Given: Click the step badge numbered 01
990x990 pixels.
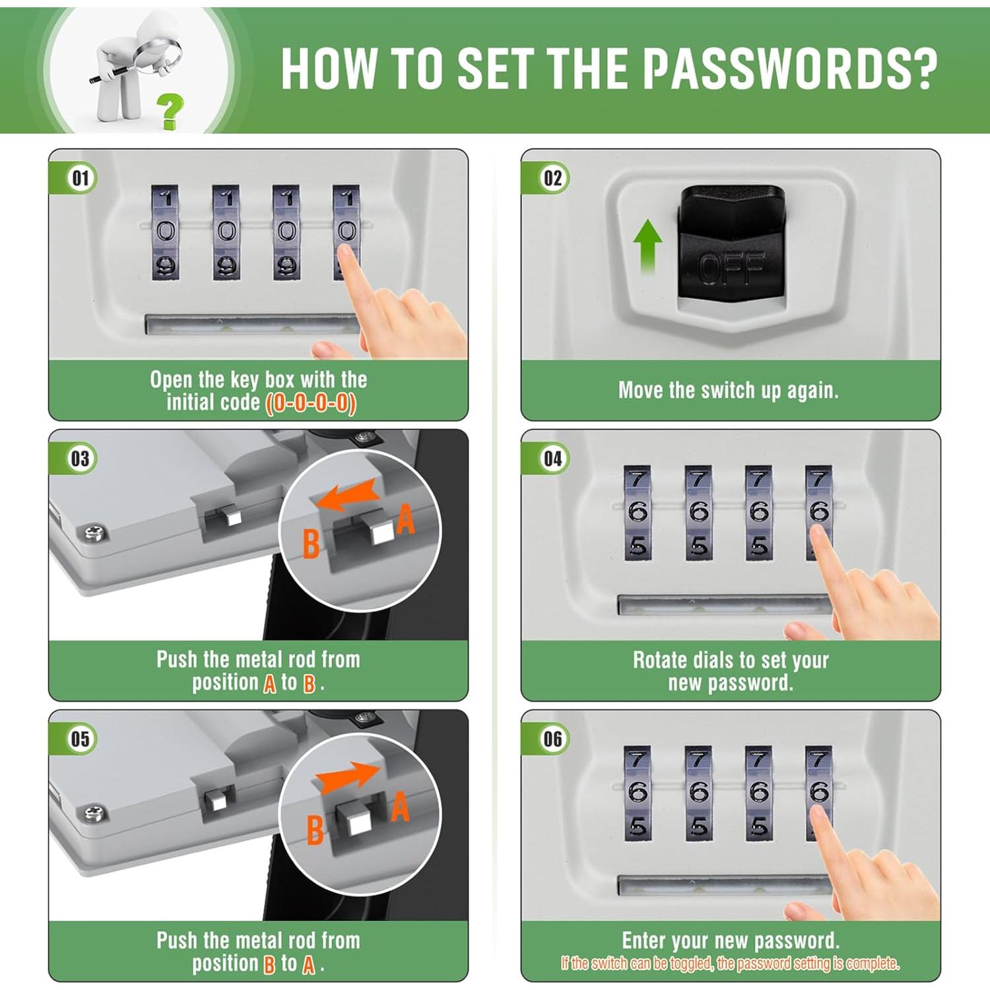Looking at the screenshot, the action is [x=81, y=178].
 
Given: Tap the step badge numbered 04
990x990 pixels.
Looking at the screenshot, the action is [x=553, y=459].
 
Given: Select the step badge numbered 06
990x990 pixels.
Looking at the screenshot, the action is [x=553, y=739].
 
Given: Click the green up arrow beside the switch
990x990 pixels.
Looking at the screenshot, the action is [x=647, y=246].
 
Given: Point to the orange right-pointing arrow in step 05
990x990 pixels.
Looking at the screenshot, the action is [x=348, y=777].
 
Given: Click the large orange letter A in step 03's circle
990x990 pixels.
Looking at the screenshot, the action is [x=405, y=519].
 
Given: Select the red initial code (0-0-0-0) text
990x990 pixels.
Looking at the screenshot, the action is [x=311, y=403].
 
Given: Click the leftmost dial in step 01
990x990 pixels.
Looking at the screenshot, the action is [x=165, y=232].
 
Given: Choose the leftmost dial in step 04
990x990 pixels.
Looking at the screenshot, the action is [x=638, y=513].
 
